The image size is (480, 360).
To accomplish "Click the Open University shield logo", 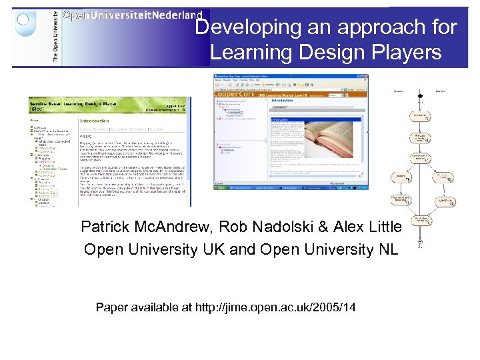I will tap(25, 25).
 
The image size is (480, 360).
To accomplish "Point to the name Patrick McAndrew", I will tap(133, 227).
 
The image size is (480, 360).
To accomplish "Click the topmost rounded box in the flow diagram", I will tap(420, 116).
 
